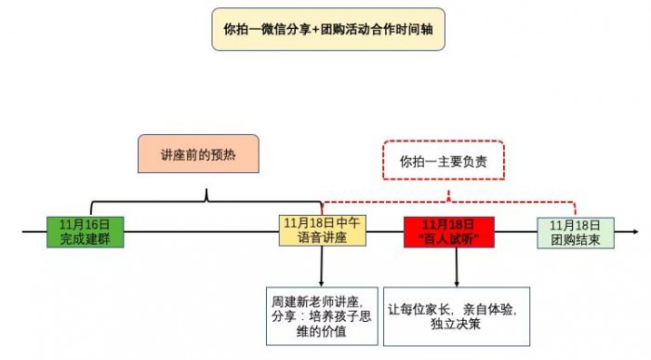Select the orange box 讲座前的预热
(197, 154)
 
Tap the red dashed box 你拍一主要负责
(450, 161)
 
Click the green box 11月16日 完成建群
(85, 232)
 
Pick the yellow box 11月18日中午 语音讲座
(322, 232)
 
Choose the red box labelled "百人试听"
(449, 232)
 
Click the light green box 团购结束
(575, 232)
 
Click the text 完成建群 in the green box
(85, 239)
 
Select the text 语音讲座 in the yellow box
(322, 239)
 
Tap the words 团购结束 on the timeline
(575, 239)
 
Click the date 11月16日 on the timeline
(85, 224)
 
